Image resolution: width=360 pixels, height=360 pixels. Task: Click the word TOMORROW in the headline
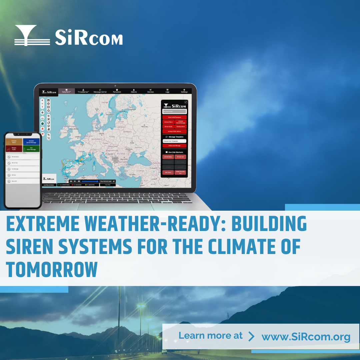52,270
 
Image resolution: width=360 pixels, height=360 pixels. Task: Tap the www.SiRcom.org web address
306,336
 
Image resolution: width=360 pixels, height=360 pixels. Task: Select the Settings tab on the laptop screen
184,91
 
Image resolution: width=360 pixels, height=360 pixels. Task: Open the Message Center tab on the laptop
100,91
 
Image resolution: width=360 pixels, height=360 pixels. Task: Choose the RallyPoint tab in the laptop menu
67,91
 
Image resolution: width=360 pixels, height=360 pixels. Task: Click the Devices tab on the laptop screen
151,91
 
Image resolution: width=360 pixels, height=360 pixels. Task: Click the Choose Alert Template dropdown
174,141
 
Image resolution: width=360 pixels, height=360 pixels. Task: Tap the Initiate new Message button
174,146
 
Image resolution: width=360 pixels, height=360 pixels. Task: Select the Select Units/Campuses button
174,117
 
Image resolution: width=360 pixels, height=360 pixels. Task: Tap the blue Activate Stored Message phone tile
31,142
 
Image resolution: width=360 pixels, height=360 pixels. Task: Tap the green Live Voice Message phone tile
31,149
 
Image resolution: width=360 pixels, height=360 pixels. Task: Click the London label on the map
78,137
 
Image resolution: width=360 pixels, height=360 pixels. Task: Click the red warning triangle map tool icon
43,128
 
